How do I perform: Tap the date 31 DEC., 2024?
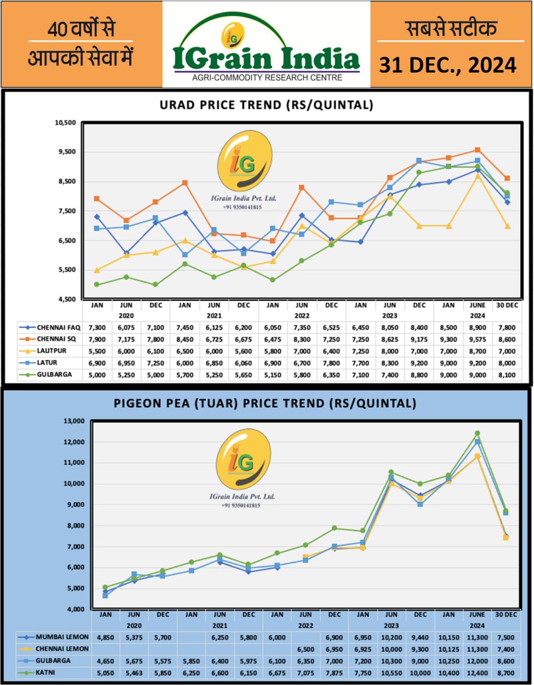(448, 65)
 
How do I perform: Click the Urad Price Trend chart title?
(266, 105)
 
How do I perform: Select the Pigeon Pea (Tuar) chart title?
(265, 403)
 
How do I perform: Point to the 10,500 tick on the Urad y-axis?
(66, 123)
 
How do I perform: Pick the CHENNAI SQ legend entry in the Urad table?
(58, 339)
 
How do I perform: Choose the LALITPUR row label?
(55, 351)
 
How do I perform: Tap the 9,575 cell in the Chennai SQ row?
(477, 339)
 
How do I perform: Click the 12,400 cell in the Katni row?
(477, 672)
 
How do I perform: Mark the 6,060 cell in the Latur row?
(243, 363)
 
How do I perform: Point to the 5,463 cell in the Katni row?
(134, 672)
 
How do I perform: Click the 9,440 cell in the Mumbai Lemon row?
(420, 637)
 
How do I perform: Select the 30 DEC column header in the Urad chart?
(506, 305)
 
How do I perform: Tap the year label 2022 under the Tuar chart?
(305, 626)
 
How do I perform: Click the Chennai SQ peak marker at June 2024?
(478, 150)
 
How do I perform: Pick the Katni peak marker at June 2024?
(477, 433)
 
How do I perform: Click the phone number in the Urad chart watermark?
(243, 207)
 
